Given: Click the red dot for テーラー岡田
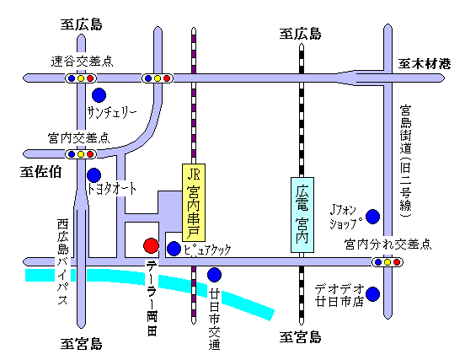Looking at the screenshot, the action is click(151, 245).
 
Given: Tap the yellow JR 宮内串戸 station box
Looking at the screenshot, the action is click(194, 202).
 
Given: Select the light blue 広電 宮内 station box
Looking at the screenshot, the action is click(302, 215).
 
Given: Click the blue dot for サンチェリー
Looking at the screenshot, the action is click(99, 95).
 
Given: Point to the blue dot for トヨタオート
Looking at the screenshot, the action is click(94, 175).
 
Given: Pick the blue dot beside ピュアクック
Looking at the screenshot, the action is click(174, 249).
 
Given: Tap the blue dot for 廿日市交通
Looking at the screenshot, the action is click(214, 275).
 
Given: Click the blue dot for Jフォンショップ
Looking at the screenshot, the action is click(373, 217).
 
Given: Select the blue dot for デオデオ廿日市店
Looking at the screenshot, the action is click(373, 294).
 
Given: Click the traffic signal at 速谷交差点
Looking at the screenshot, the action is click(81, 78).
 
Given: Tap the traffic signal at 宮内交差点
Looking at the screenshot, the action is click(81, 154).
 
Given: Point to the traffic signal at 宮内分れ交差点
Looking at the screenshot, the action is click(387, 262).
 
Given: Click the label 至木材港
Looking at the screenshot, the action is click(425, 64).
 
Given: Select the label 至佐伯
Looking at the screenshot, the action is click(40, 172).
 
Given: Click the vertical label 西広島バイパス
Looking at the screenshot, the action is click(63, 261).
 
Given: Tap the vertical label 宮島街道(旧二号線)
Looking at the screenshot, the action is click(405, 161).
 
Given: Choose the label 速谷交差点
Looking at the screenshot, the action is click(82, 62).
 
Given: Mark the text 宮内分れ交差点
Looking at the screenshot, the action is click(387, 244).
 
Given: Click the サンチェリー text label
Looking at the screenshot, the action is click(112, 112).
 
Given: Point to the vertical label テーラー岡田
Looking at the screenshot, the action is click(152, 298).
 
